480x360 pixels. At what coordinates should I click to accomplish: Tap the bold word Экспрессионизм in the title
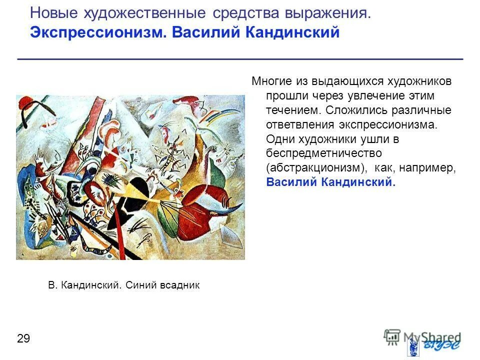pos(98,33)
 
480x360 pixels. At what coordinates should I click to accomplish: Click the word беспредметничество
pos(324,153)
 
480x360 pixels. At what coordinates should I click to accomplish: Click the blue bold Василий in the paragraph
pos(291,182)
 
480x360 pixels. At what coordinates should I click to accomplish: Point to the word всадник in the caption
pos(179,285)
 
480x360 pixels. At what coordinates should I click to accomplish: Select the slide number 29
pos(23,339)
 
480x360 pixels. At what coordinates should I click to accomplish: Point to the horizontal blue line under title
pos(240,59)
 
